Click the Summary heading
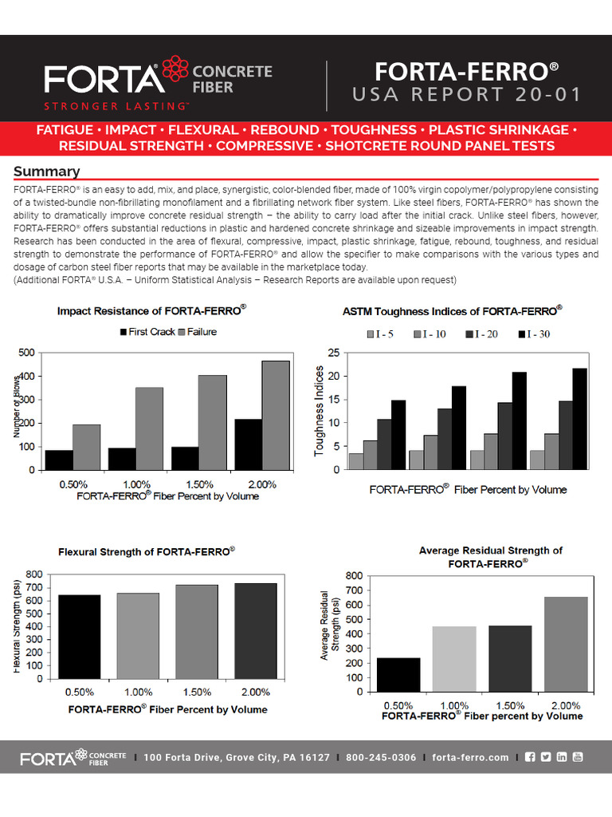[46, 172]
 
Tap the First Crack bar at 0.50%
[58, 460]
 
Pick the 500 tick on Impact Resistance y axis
[25, 353]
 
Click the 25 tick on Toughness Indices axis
[334, 353]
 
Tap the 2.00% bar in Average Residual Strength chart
[567, 644]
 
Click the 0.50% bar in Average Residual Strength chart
[398, 674]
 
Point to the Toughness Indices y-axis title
[320, 411]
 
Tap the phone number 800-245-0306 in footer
[381, 757]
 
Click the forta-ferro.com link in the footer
[470, 757]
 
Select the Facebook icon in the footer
[530, 757]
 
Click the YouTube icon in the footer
[578, 757]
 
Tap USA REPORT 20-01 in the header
[467, 95]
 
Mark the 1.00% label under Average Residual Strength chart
[453, 705]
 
